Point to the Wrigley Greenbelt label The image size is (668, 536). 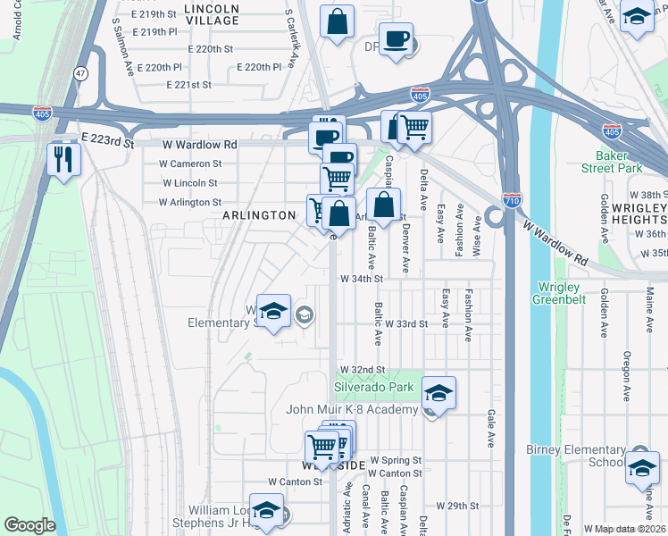[562, 293]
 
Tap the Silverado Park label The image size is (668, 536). [374, 387]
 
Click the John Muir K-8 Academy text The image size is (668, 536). [351, 409]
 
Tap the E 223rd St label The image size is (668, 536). [106, 141]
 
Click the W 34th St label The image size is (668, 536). [361, 279]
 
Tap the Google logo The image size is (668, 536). [29, 525]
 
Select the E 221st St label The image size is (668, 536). [188, 85]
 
